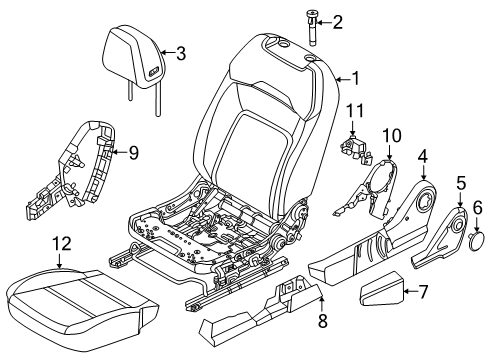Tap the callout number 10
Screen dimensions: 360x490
tap(392, 134)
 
